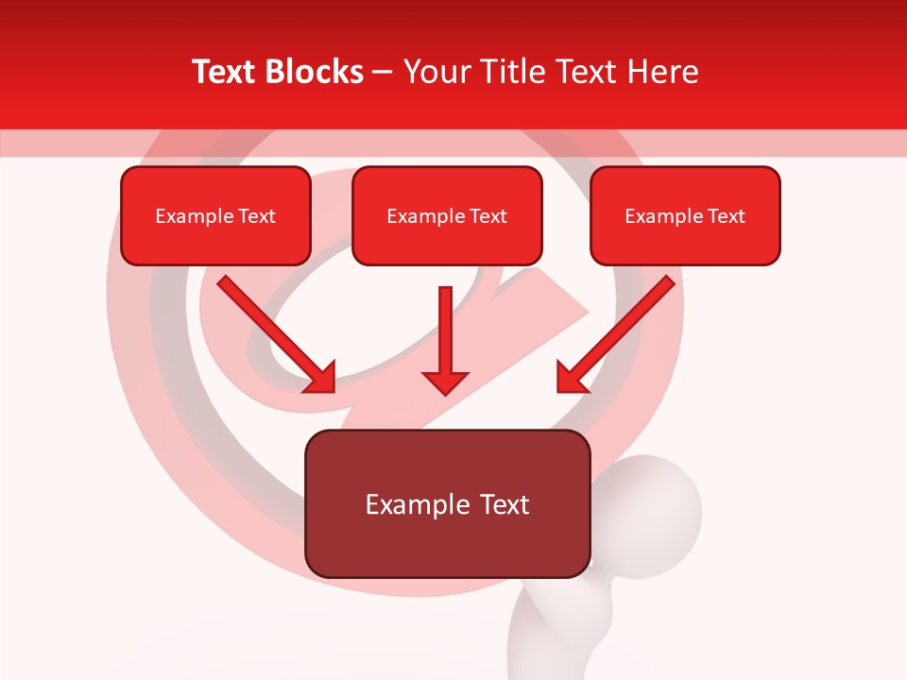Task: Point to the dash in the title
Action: pyautogui.click(x=383, y=73)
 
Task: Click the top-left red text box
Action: pyautogui.click(x=215, y=216)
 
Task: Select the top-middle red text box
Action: pyautogui.click(x=447, y=216)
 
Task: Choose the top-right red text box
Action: pyautogui.click(x=685, y=216)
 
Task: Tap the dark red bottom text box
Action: pyautogui.click(x=447, y=503)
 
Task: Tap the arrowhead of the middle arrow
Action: pyautogui.click(x=445, y=382)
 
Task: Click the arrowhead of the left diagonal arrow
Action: pyautogui.click(x=320, y=377)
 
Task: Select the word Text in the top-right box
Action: pyautogui.click(x=726, y=216)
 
